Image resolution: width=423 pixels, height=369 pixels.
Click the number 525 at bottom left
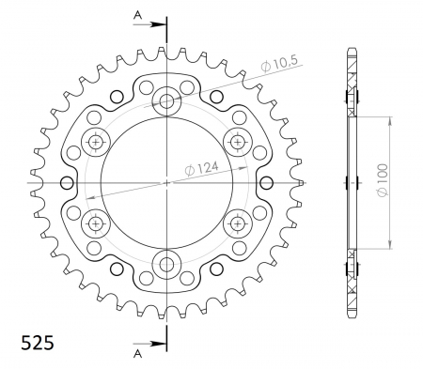click(38, 342)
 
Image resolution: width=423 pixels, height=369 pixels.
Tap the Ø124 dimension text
click(201, 169)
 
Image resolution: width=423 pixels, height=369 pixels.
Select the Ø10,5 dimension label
click(279, 64)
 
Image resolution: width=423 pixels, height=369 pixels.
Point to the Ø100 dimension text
click(383, 180)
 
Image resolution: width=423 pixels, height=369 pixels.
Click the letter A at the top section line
click(137, 14)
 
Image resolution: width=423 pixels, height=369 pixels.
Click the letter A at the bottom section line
click(137, 354)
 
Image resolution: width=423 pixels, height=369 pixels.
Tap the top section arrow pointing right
click(149, 24)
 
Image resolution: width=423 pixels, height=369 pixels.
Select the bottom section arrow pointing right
click(149, 344)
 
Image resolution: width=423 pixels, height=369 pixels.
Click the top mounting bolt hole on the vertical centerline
click(166, 101)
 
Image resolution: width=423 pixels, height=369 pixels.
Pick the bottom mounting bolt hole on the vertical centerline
click(166, 265)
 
